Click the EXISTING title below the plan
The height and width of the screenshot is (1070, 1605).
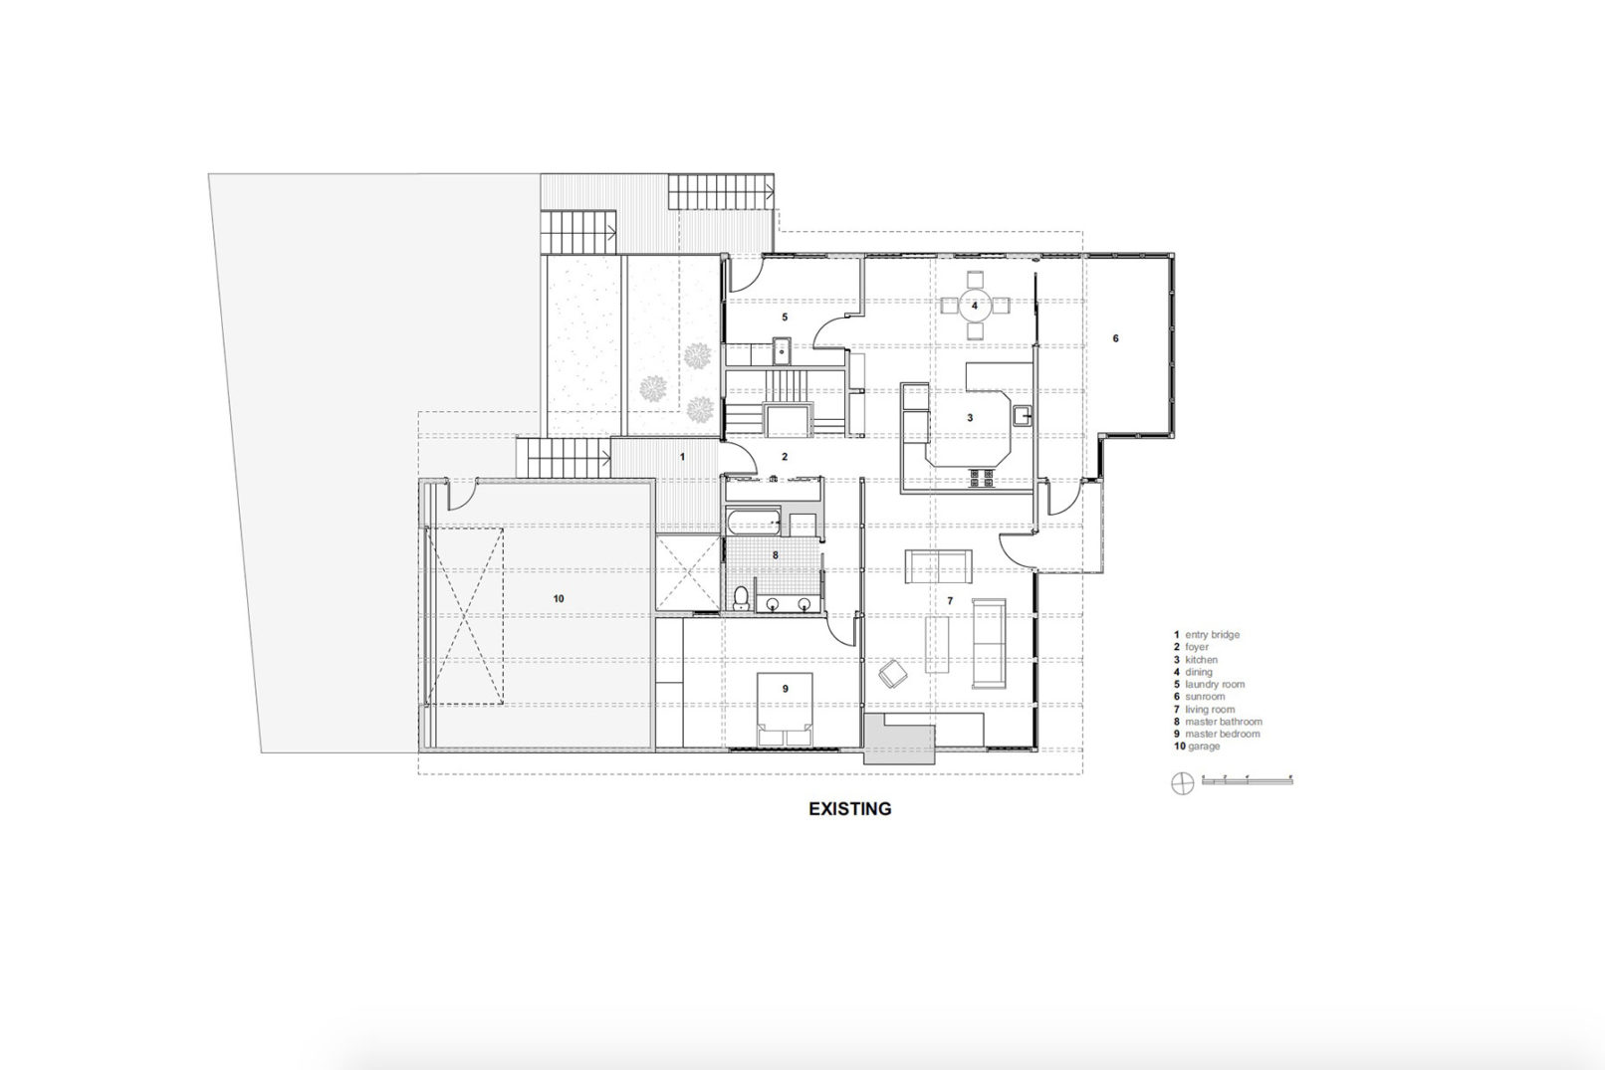click(x=849, y=809)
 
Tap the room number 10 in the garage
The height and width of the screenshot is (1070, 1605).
click(x=559, y=598)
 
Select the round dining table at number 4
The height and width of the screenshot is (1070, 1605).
click(x=975, y=306)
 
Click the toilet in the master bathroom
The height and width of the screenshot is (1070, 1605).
click(x=741, y=597)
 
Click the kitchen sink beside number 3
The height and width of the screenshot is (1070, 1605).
click(x=1022, y=414)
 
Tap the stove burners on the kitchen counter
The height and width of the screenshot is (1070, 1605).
click(x=980, y=479)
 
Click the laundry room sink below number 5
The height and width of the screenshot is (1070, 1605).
click(x=782, y=351)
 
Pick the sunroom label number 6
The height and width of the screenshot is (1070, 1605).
click(x=1115, y=338)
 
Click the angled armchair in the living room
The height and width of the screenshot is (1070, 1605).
click(x=892, y=675)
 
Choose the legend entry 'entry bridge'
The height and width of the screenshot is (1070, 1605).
click(x=1207, y=635)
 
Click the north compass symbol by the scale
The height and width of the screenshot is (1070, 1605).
click(x=1182, y=783)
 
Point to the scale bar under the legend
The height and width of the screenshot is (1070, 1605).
click(x=1247, y=781)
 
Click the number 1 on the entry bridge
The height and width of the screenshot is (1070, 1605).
click(x=682, y=457)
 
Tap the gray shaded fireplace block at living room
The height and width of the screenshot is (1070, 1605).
click(x=899, y=743)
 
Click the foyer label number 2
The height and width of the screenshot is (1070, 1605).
click(x=785, y=457)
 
